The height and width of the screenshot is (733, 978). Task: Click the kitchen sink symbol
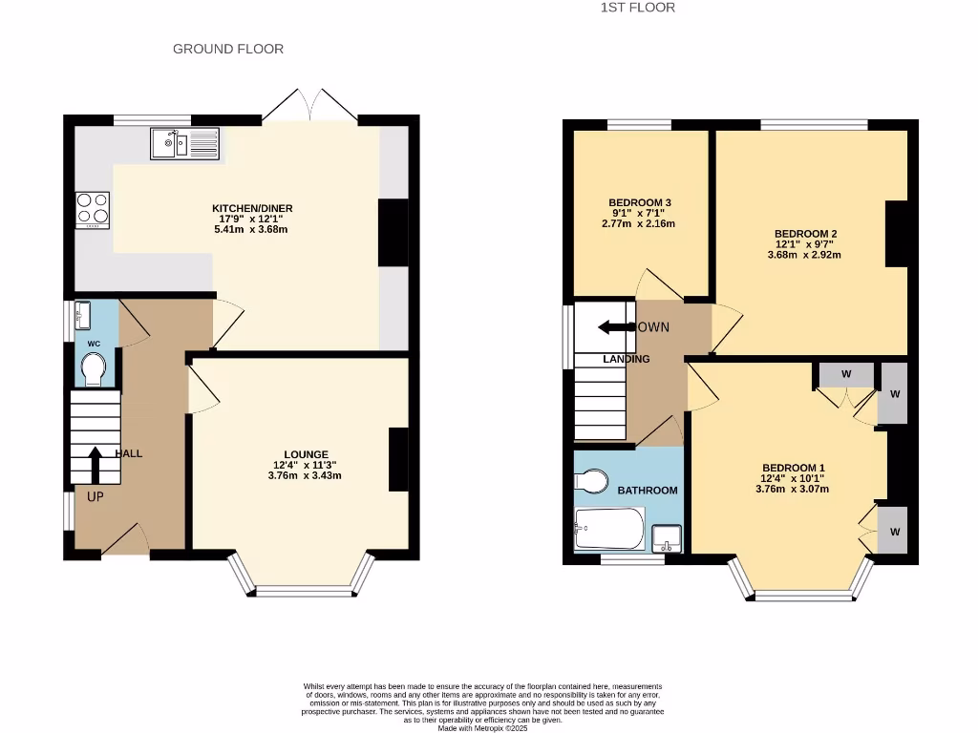[185, 144]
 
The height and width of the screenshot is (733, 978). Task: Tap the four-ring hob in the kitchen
[93, 210]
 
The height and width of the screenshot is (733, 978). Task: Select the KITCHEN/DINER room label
[252, 208]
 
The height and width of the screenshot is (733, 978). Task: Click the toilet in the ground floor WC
[94, 369]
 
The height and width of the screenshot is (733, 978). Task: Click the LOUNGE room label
[306, 454]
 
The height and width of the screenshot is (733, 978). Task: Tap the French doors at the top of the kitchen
[309, 105]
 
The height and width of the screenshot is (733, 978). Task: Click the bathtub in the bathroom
[609, 529]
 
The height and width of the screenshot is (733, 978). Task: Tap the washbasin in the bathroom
[668, 538]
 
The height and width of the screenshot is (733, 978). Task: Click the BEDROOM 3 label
[640, 202]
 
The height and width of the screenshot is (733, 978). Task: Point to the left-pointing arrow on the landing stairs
[616, 327]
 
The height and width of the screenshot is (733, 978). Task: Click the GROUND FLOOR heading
[228, 49]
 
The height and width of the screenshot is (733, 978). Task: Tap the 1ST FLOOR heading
[638, 8]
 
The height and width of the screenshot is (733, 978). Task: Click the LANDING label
[626, 359]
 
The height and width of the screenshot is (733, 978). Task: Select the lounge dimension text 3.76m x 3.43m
[306, 475]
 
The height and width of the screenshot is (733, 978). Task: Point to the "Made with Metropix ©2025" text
[482, 727]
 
